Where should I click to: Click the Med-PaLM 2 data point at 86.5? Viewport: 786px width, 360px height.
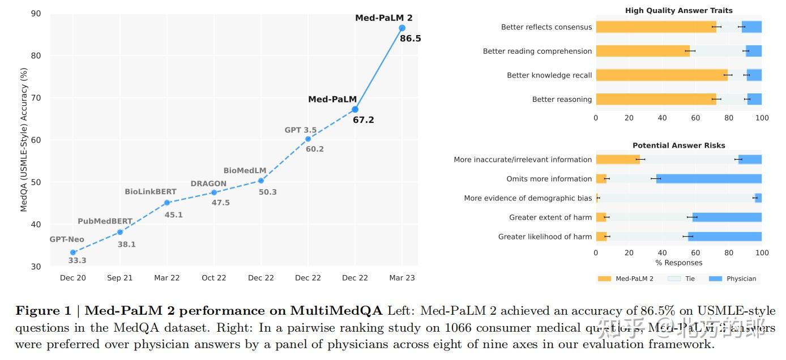pyautogui.click(x=402, y=28)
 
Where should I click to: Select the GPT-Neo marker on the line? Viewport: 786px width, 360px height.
pyautogui.click(x=73, y=252)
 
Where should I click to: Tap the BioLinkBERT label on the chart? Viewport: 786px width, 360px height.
pyautogui.click(x=151, y=192)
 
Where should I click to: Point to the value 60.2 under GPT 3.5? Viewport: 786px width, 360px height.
pyautogui.click(x=314, y=149)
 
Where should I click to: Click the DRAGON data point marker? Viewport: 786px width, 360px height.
pyautogui.click(x=214, y=192)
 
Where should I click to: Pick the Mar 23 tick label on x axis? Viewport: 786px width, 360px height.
pyautogui.click(x=401, y=278)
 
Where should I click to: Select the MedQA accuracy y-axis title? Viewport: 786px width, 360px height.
pyautogui.click(x=24, y=140)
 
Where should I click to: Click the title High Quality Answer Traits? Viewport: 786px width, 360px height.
pyautogui.click(x=678, y=11)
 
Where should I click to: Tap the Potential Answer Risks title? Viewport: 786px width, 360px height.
pyautogui.click(x=678, y=145)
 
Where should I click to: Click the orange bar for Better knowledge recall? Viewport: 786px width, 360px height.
pyautogui.click(x=661, y=75)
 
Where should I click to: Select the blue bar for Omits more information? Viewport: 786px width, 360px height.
pyautogui.click(x=708, y=179)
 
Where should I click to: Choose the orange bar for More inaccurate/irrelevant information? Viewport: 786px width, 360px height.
pyautogui.click(x=617, y=160)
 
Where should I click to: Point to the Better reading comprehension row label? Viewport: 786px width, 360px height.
pyautogui.click(x=537, y=51)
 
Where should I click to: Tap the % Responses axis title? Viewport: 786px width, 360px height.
pyautogui.click(x=678, y=263)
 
